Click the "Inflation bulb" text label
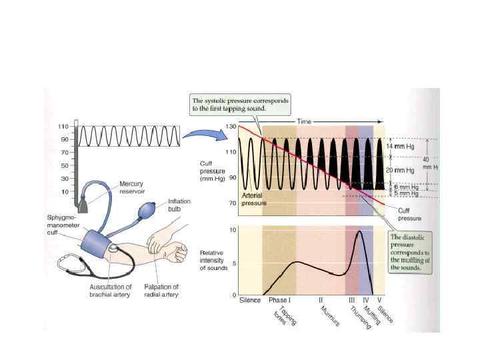point(179,205)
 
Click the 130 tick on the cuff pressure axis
point(231,126)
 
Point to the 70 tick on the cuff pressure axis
point(231,203)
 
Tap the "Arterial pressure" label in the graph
point(254,198)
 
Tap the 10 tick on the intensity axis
point(233,231)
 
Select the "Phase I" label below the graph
point(279,301)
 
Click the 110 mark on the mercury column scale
point(64,126)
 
